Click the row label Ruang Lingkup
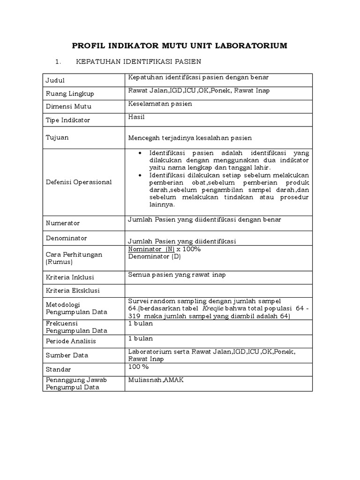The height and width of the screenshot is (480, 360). pyautogui.click(x=69, y=94)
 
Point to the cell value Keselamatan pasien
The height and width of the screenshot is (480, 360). pyautogui.click(x=160, y=104)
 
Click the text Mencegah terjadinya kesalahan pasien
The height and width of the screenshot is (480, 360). pyautogui.click(x=190, y=138)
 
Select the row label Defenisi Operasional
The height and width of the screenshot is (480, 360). pyautogui.click(x=78, y=182)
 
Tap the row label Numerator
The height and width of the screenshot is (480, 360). pyautogui.click(x=62, y=223)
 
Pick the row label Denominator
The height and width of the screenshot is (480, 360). pyautogui.click(x=66, y=238)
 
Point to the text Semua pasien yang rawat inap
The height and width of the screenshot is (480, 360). pyautogui.click(x=177, y=275)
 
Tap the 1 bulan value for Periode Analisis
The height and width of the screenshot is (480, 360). pyautogui.click(x=140, y=338)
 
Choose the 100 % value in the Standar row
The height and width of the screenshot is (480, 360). pyautogui.click(x=138, y=367)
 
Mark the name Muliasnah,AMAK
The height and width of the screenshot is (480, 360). pyautogui.click(x=156, y=380)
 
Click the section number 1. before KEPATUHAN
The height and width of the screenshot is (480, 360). pyautogui.click(x=59, y=61)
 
